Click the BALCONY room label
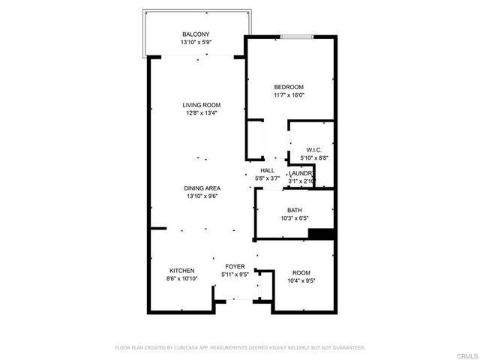coord(196,34)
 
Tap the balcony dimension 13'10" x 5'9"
coord(196,43)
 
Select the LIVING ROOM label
coord(202,105)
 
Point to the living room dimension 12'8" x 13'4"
coord(202,113)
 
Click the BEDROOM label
coord(289,87)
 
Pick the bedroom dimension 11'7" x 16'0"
coord(289,95)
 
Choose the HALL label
coord(267,171)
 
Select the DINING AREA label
coord(202,188)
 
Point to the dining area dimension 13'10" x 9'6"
coord(202,196)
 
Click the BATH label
coord(295,210)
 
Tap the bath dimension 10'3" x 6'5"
coord(295,218)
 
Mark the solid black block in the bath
coord(321,234)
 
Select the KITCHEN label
coord(182,270)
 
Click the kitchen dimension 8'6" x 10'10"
coord(182,278)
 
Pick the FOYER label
coord(235,266)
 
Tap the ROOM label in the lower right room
coord(301,272)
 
